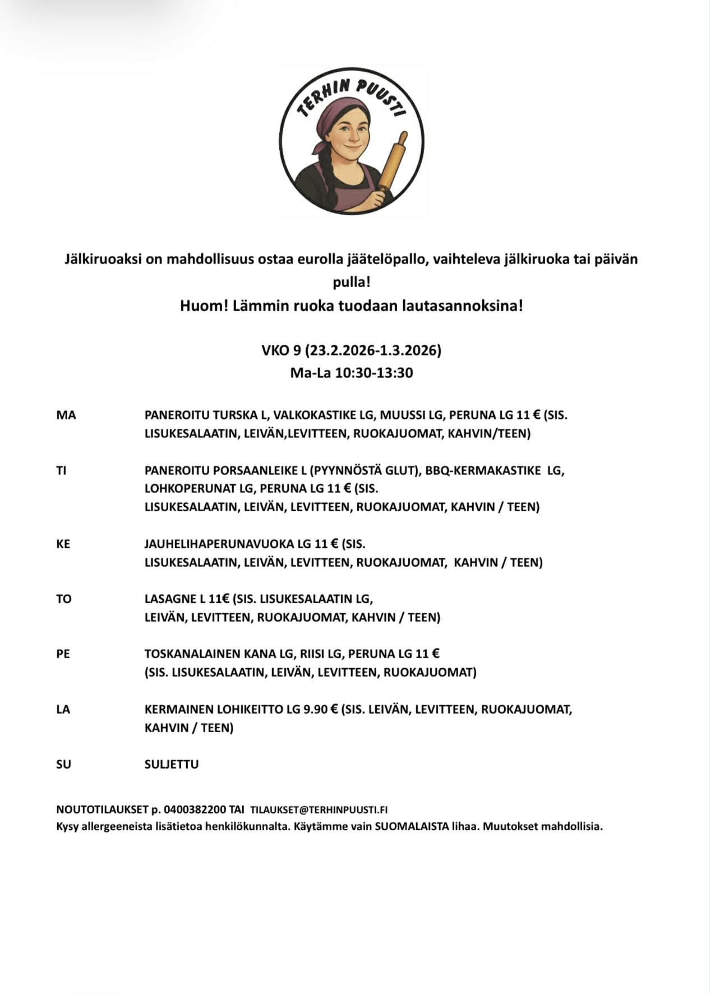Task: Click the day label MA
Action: coord(66,415)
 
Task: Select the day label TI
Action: coord(61,471)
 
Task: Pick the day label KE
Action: coord(63,544)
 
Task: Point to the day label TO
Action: coord(63,599)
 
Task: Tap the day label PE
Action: coord(63,654)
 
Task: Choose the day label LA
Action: coord(63,709)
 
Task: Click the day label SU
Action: coord(63,764)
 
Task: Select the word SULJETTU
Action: coord(171,764)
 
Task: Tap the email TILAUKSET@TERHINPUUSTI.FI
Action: coord(319,810)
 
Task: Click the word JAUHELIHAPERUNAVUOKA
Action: coord(219,544)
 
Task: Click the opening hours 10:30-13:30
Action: coord(374,373)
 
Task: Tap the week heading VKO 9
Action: coord(281,350)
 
